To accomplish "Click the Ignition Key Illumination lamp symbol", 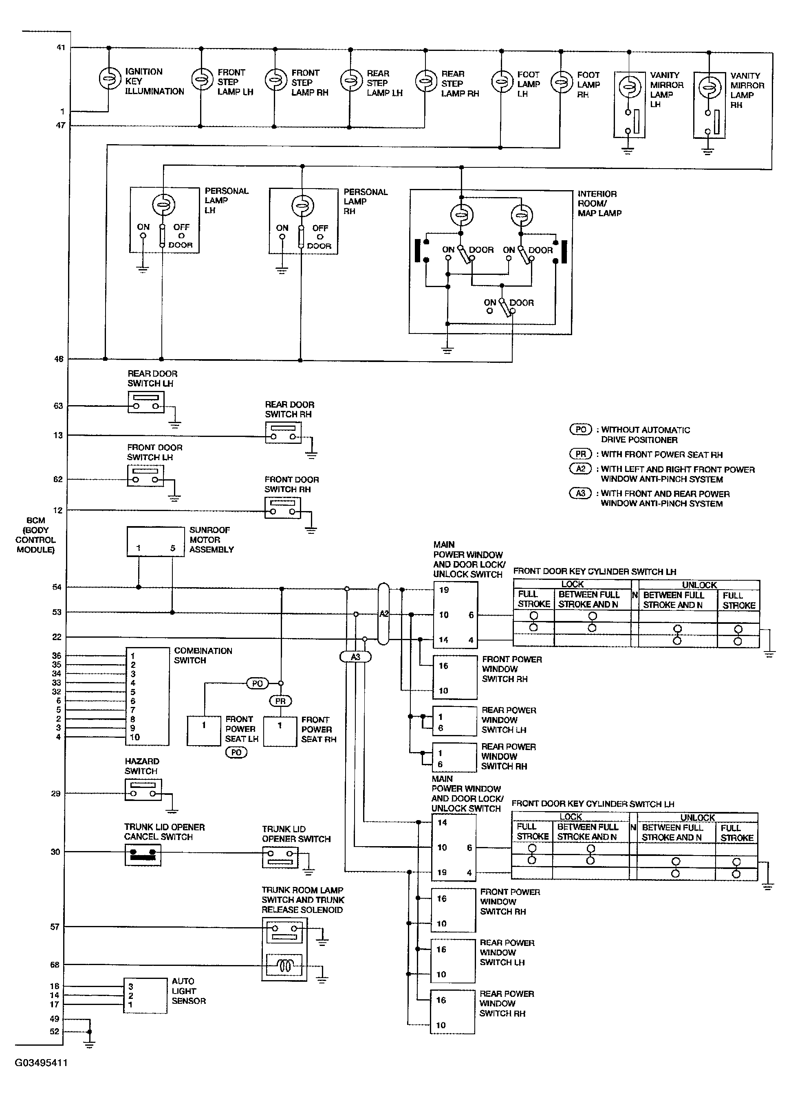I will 110,78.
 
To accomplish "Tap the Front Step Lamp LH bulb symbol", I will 201,79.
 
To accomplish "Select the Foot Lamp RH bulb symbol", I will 561,82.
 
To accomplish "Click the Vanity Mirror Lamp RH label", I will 747,90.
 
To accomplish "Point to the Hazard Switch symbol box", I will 143,790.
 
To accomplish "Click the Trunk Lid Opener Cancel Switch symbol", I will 143,855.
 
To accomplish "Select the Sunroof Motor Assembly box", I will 155,542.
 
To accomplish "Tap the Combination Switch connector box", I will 147,696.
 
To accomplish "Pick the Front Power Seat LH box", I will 204,731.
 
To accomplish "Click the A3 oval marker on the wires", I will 355,657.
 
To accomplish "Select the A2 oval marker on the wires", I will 383,614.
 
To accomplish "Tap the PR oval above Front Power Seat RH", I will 280,701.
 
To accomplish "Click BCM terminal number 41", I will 60,47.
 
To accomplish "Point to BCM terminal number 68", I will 55,965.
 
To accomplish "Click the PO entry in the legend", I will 580,429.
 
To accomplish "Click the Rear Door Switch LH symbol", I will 146,402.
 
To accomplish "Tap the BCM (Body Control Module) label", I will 35,535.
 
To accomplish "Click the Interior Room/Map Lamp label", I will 599,203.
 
